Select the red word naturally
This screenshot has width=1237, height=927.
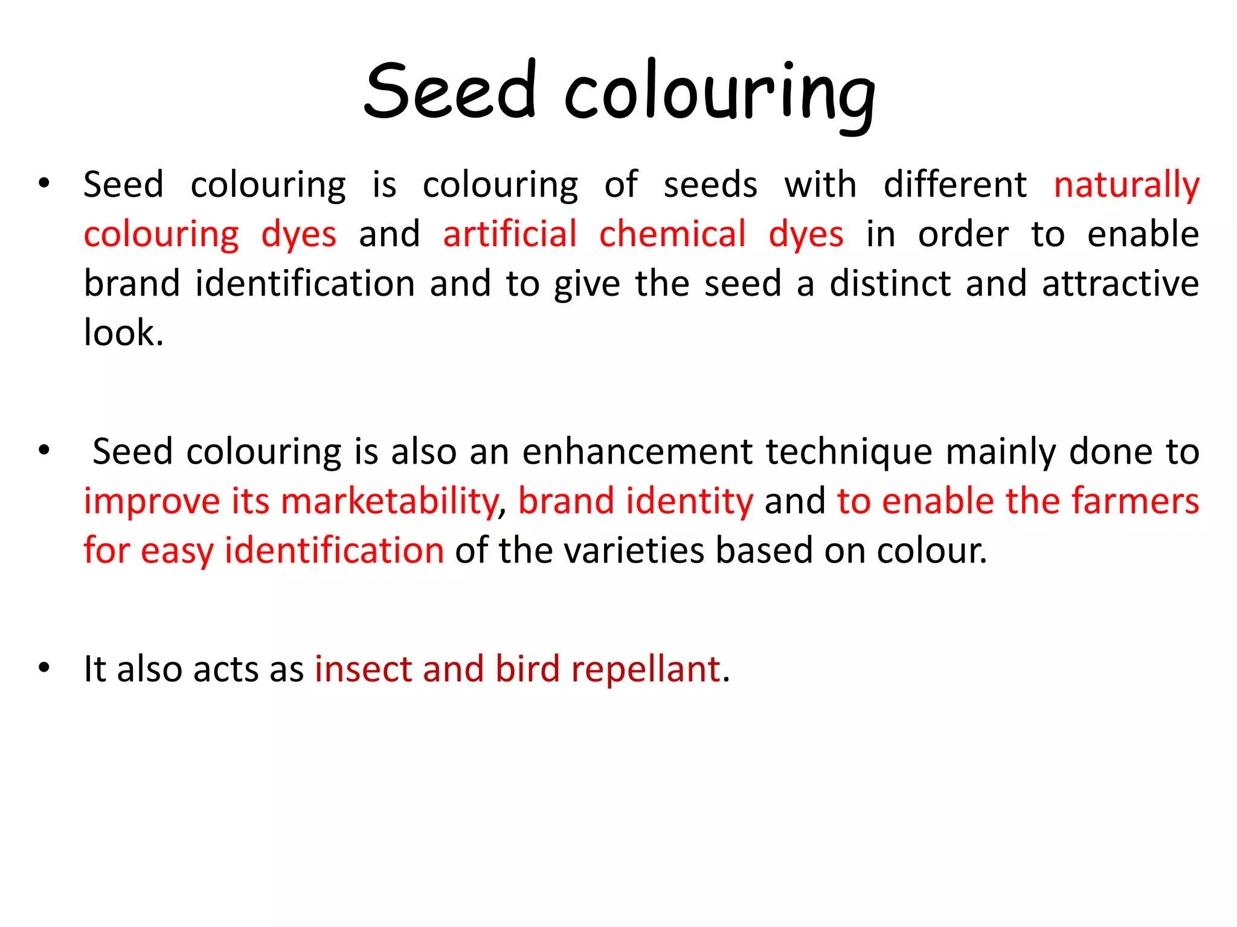pyautogui.click(x=1126, y=185)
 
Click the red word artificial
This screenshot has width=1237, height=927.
pyautogui.click(x=510, y=234)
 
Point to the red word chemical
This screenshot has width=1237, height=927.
pyautogui.click(x=672, y=234)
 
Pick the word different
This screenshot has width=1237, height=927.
pyautogui.click(x=954, y=185)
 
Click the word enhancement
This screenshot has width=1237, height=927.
pyautogui.click(x=637, y=451)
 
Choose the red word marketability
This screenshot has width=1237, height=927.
pyautogui.click(x=390, y=502)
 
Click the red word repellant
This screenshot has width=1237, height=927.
pyautogui.click(x=645, y=670)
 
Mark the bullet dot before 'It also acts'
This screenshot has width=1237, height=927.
pyautogui.click(x=43, y=667)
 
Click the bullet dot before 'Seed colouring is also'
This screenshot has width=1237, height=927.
pyautogui.click(x=43, y=450)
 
